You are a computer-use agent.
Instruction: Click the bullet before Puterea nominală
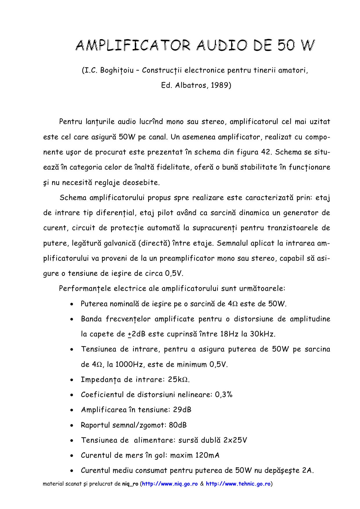[x=72, y=304]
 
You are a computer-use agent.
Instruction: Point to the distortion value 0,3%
[x=224, y=395]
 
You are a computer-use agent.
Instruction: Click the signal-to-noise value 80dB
[x=178, y=425]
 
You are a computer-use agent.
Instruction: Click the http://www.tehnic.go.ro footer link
[x=238, y=484]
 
